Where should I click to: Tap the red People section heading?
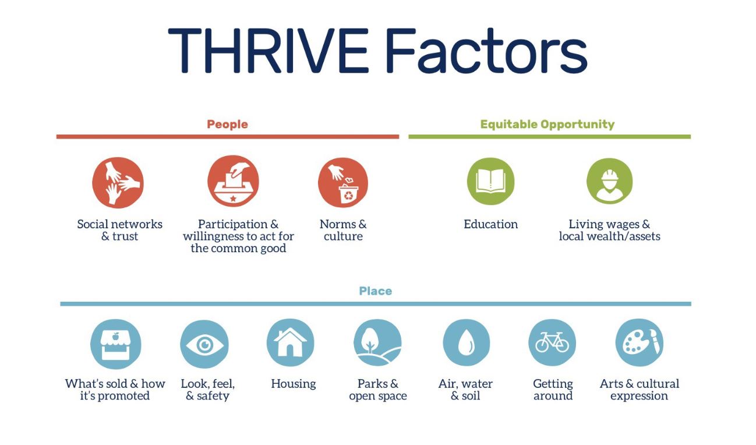coord(228,124)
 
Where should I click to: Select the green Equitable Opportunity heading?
coord(547,124)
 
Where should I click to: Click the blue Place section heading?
coord(376,291)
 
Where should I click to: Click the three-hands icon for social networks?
coord(118,183)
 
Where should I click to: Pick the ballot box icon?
coord(233,181)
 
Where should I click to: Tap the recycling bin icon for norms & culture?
coord(343,183)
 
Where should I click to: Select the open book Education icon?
coord(491,181)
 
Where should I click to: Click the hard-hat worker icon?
coord(610,181)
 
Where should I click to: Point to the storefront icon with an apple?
coord(116,344)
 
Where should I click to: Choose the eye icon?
coord(204,344)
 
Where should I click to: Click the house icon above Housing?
coord(290,342)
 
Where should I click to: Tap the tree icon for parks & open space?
coord(377,342)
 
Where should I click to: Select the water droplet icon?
coord(466,342)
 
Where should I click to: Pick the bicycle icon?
coord(552,342)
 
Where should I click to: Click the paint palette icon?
coord(640,342)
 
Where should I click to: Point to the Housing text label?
coord(294,384)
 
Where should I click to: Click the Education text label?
coord(491,224)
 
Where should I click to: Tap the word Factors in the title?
coord(487,51)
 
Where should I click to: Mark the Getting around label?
coord(553,390)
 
